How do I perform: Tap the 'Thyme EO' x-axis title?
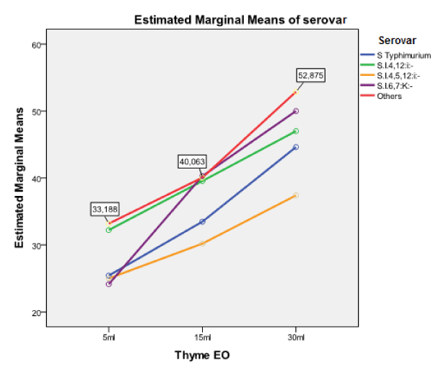point(202,355)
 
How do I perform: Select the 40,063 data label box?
point(193,163)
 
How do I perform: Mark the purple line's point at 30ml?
point(296,111)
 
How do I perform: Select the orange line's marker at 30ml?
point(296,195)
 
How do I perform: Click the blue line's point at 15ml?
point(202,221)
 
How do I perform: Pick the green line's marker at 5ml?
point(109,230)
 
